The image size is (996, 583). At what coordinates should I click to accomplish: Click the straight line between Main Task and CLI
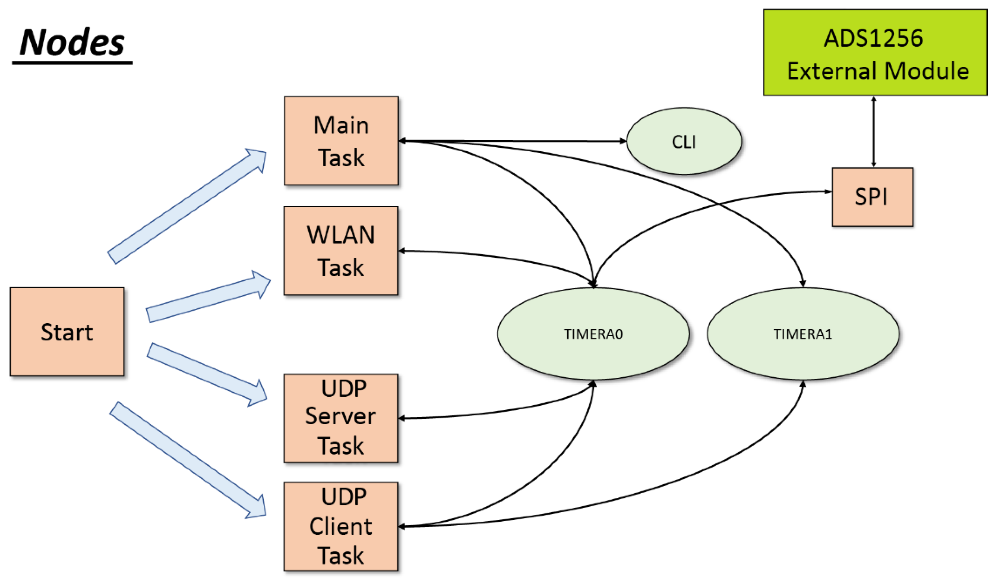[x=514, y=141]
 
